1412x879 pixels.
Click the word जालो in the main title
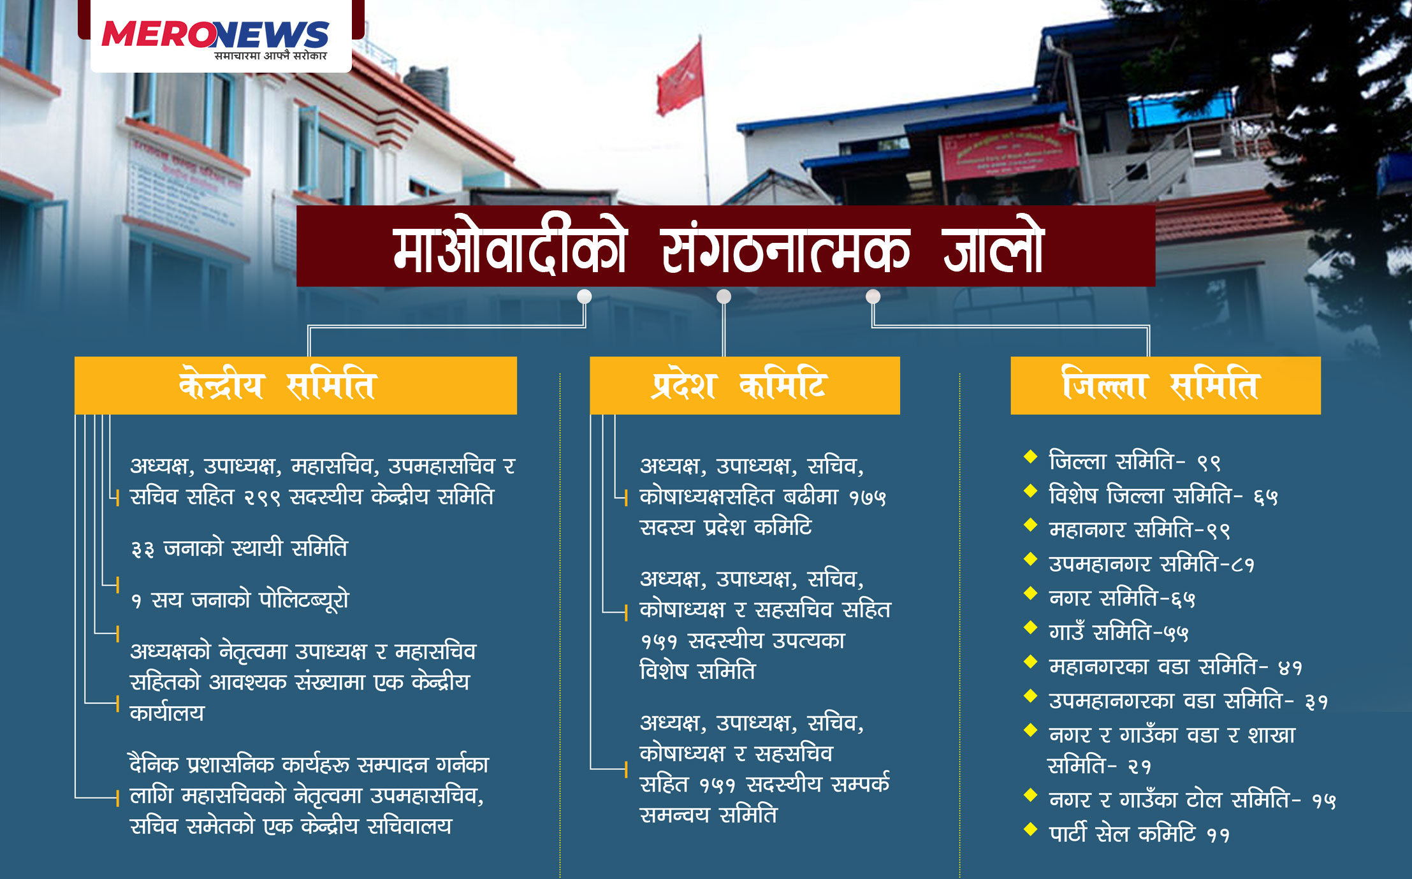click(x=993, y=247)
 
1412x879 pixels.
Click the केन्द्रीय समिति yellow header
click(x=296, y=385)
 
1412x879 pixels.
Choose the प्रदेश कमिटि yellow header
click(x=745, y=385)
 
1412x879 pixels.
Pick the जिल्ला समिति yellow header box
click(x=1165, y=385)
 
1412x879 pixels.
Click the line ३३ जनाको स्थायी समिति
click(x=239, y=548)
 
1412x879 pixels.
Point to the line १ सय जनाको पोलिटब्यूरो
click(x=240, y=599)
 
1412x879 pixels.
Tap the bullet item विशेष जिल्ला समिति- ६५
click(x=1163, y=495)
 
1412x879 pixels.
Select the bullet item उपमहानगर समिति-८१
click(x=1151, y=563)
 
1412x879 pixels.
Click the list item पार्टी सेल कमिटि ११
click(x=1139, y=833)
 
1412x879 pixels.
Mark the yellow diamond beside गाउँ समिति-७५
click(x=1031, y=627)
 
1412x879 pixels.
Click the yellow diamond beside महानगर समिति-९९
click(x=1031, y=525)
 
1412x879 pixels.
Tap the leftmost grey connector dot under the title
click(x=584, y=296)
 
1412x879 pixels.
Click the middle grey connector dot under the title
click(x=724, y=296)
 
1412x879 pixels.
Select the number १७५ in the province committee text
click(x=867, y=497)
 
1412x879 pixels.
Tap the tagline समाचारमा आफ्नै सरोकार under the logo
click(x=270, y=56)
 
